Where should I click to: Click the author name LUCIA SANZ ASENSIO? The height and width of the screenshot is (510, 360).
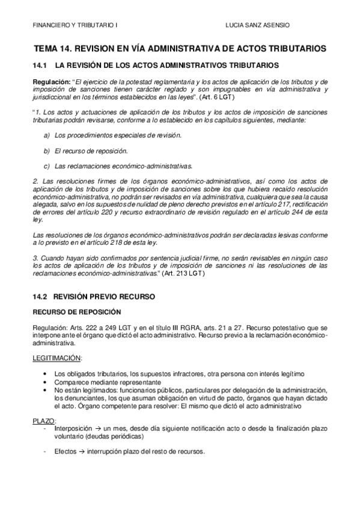click(x=257, y=26)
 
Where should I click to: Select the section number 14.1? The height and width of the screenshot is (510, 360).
click(x=38, y=64)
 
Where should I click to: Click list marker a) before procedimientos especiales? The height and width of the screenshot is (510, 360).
click(x=47, y=135)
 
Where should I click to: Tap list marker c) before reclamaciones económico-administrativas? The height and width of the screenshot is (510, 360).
click(x=47, y=165)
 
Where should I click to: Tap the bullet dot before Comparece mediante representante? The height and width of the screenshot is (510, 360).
click(x=47, y=382)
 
